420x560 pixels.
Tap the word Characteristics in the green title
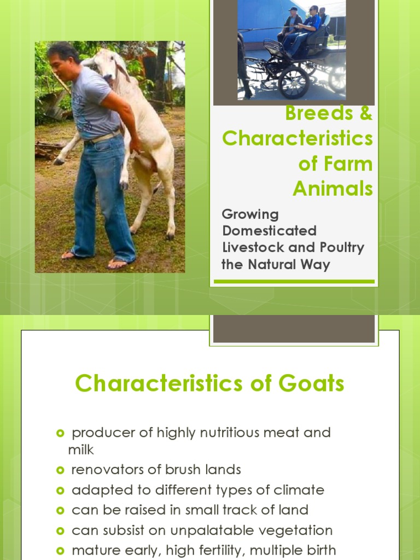click(x=297, y=139)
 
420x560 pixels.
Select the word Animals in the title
click(x=332, y=189)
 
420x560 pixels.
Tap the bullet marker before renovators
click(x=60, y=470)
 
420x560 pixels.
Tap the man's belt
click(x=104, y=137)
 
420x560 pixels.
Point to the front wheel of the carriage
click(x=293, y=83)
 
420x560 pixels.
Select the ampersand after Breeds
click(x=366, y=114)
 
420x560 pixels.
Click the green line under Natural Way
click(x=294, y=282)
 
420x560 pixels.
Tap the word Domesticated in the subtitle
click(x=270, y=230)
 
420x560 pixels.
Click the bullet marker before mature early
click(x=60, y=550)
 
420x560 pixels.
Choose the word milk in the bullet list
click(x=81, y=450)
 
